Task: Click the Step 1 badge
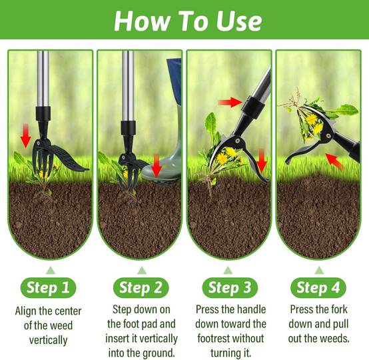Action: (48, 288)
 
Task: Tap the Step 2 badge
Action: (141, 288)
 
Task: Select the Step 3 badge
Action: (230, 288)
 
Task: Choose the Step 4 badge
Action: (318, 288)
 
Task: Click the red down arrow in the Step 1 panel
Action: (26, 136)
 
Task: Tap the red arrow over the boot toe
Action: (157, 166)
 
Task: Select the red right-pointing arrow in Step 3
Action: (230, 102)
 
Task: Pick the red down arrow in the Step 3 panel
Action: (262, 161)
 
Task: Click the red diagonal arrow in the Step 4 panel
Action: (334, 161)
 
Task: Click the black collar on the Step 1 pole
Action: (43, 113)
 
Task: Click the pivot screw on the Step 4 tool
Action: (328, 136)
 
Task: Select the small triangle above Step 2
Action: (142, 271)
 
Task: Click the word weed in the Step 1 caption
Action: (61, 325)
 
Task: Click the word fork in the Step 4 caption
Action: (338, 309)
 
